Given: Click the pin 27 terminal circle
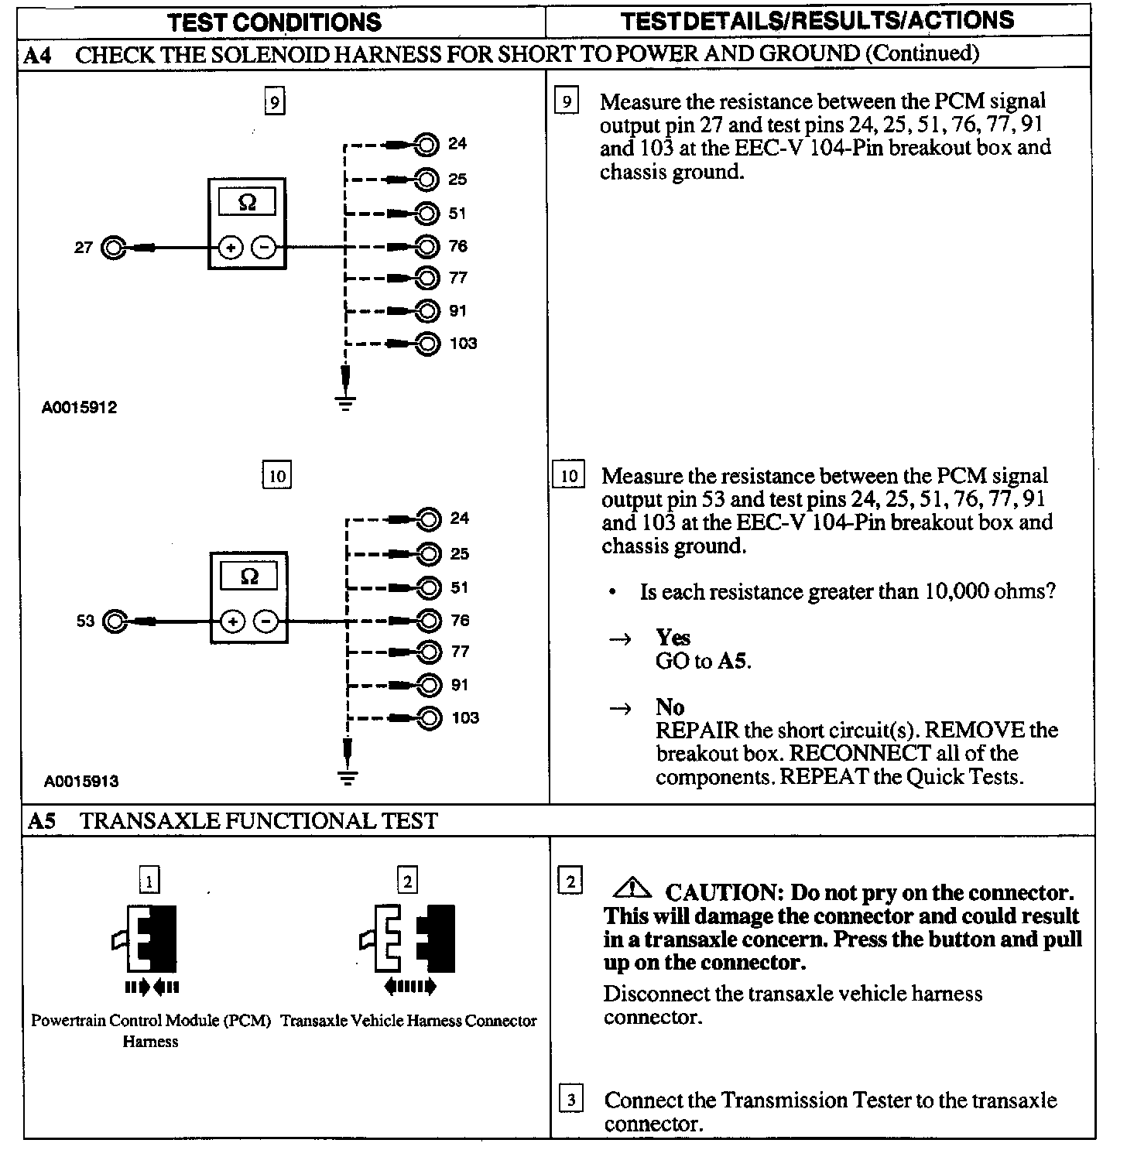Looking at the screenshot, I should [114, 248].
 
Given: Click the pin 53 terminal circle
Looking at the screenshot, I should [115, 621].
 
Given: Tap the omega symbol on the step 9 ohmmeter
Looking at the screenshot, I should [247, 203].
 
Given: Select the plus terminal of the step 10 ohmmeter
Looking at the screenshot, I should [232, 621].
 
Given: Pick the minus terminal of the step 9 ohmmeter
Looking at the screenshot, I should [264, 248].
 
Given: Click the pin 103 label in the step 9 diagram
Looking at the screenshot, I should [463, 344].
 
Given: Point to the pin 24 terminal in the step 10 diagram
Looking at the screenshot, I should [428, 519].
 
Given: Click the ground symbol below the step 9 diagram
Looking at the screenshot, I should [346, 402].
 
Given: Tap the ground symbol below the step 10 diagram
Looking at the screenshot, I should [348, 776].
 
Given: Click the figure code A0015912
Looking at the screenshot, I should [80, 408].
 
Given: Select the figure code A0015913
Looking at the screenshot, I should [81, 782].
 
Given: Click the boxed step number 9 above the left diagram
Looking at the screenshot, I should [275, 101].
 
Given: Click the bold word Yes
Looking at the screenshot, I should [673, 638].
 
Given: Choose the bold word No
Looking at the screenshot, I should [670, 707].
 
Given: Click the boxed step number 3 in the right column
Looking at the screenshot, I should [570, 1099].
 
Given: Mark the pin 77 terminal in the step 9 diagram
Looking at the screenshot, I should [426, 278].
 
